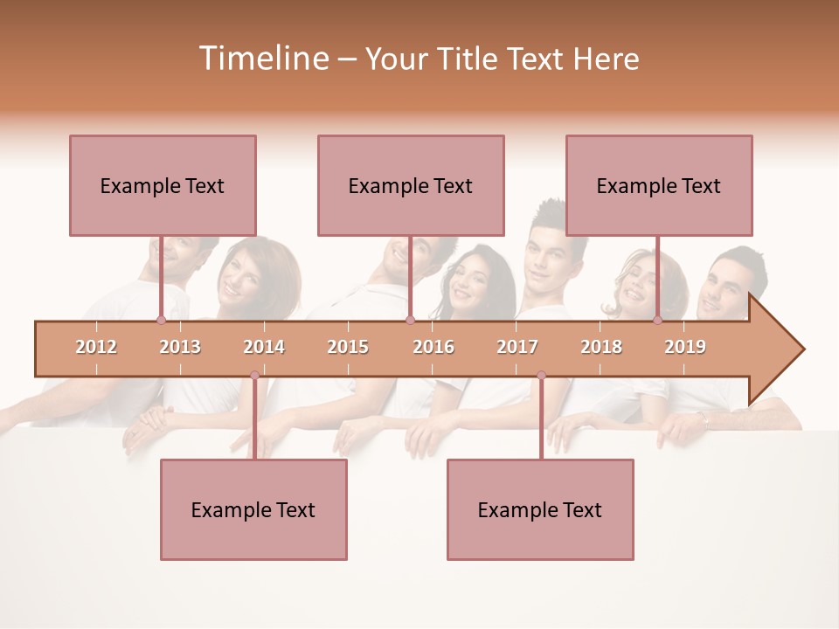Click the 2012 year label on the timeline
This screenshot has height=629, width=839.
point(96,347)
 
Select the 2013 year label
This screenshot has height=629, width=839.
point(180,347)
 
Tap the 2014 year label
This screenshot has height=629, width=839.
point(264,347)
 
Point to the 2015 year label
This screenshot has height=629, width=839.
point(348,347)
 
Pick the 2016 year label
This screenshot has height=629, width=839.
point(433,347)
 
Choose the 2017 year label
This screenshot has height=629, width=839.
point(517,347)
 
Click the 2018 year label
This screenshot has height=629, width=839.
point(601,347)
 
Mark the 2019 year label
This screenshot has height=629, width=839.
point(685,347)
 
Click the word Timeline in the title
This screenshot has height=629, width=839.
point(262,59)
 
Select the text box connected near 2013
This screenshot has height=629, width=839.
point(163,185)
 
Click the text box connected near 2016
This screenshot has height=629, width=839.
point(411,185)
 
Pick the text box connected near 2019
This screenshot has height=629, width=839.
point(659,185)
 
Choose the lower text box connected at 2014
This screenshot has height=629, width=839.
point(253,509)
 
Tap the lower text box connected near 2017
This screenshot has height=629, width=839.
point(540,509)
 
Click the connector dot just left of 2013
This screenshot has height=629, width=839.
point(161,321)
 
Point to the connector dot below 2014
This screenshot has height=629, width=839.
point(254,376)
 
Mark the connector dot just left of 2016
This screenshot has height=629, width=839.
point(410,321)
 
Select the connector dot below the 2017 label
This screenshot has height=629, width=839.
point(541,376)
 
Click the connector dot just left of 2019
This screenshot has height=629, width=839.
point(657,321)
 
